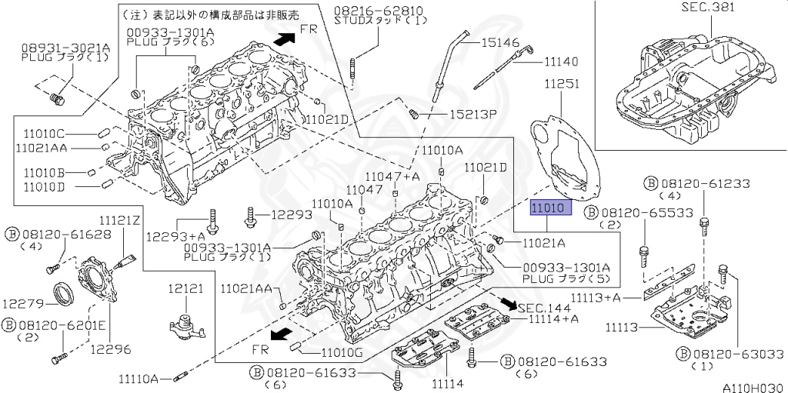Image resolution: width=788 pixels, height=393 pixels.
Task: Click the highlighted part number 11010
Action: [551, 207]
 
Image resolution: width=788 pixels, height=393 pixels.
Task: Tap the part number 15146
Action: [500, 43]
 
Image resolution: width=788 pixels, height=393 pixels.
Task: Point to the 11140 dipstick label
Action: [560, 62]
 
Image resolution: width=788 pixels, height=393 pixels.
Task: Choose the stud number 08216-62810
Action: [379, 11]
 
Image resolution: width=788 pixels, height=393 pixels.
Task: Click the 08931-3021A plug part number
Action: [65, 48]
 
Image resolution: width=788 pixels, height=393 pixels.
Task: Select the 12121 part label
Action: [186, 288]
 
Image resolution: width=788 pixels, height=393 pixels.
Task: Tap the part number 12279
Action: [21, 304]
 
